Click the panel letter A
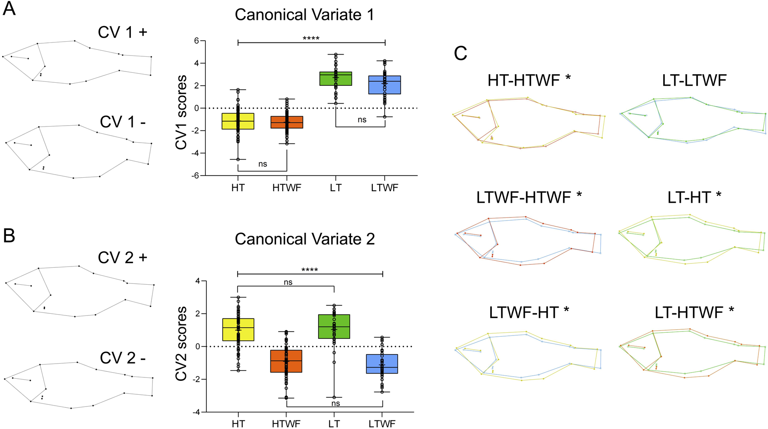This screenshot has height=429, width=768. [x=9, y=9]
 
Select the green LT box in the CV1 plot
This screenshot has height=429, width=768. [x=336, y=79]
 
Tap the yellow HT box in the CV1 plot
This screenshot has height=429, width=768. [x=238, y=121]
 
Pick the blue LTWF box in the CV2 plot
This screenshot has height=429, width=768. [x=382, y=364]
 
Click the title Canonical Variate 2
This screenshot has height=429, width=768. [x=305, y=239]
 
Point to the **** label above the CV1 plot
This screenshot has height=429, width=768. [x=311, y=39]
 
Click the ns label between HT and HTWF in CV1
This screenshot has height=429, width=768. [x=263, y=164]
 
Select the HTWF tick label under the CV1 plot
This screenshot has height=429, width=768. [x=286, y=188]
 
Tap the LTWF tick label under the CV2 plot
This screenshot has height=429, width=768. [x=382, y=423]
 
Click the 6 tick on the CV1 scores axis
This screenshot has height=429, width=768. [x=197, y=41]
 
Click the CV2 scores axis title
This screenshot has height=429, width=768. [x=181, y=344]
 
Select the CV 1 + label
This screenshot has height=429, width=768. [x=123, y=32]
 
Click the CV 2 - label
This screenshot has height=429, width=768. [x=123, y=358]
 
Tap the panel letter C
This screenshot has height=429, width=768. [x=460, y=53]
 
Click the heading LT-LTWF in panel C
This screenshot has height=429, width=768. [x=694, y=80]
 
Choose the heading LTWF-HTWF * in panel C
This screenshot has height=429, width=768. [x=529, y=198]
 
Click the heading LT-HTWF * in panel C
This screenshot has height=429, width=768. [x=694, y=312]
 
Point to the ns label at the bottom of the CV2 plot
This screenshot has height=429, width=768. [x=335, y=403]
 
